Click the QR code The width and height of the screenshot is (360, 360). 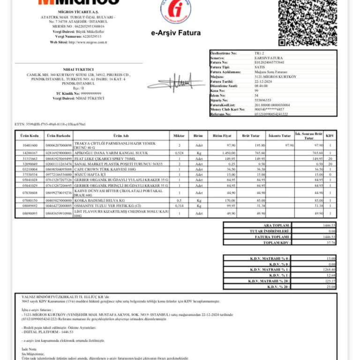click(x=307, y=21)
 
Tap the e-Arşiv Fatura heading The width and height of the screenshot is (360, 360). click(x=176, y=33)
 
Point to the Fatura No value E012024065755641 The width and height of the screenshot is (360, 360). click(x=269, y=62)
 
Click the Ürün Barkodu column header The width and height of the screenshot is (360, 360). click(x=59, y=135)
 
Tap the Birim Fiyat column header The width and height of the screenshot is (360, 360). click(x=222, y=135)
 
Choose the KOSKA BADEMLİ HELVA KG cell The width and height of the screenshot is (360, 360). click(x=100, y=200)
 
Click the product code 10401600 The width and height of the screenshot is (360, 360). click(x=30, y=146)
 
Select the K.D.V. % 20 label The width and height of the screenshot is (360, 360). click(x=278, y=286)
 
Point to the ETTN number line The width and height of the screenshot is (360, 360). click(x=50, y=124)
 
